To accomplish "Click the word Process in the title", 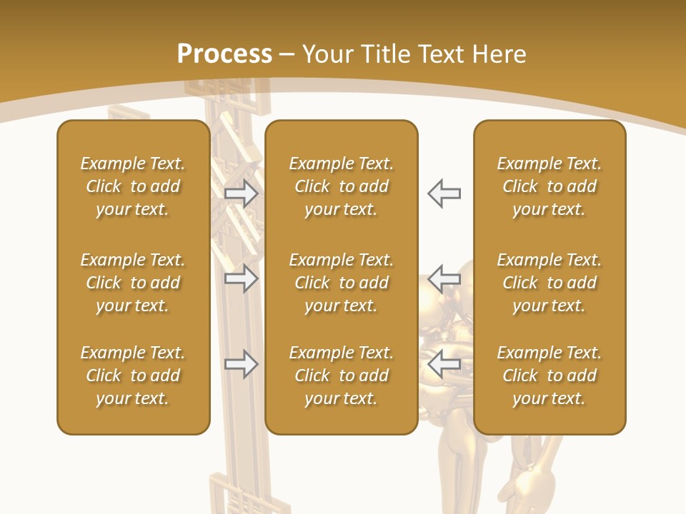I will (224, 54).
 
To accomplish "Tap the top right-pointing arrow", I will (242, 193).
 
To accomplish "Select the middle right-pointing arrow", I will (242, 278).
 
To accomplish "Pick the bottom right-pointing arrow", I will (242, 364).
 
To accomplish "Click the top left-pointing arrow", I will (444, 193).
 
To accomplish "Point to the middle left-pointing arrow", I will (444, 278).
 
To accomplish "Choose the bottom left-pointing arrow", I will (444, 364).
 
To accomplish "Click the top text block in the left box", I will (133, 186).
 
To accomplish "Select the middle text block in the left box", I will (133, 283).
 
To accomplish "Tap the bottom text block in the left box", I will (133, 376).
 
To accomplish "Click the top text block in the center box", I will (342, 186).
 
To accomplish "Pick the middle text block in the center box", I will (342, 283).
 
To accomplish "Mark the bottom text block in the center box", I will (342, 376).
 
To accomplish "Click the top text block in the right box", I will (550, 186).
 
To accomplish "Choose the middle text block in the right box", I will (550, 283).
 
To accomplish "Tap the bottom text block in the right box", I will (550, 376).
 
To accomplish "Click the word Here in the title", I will (499, 54).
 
